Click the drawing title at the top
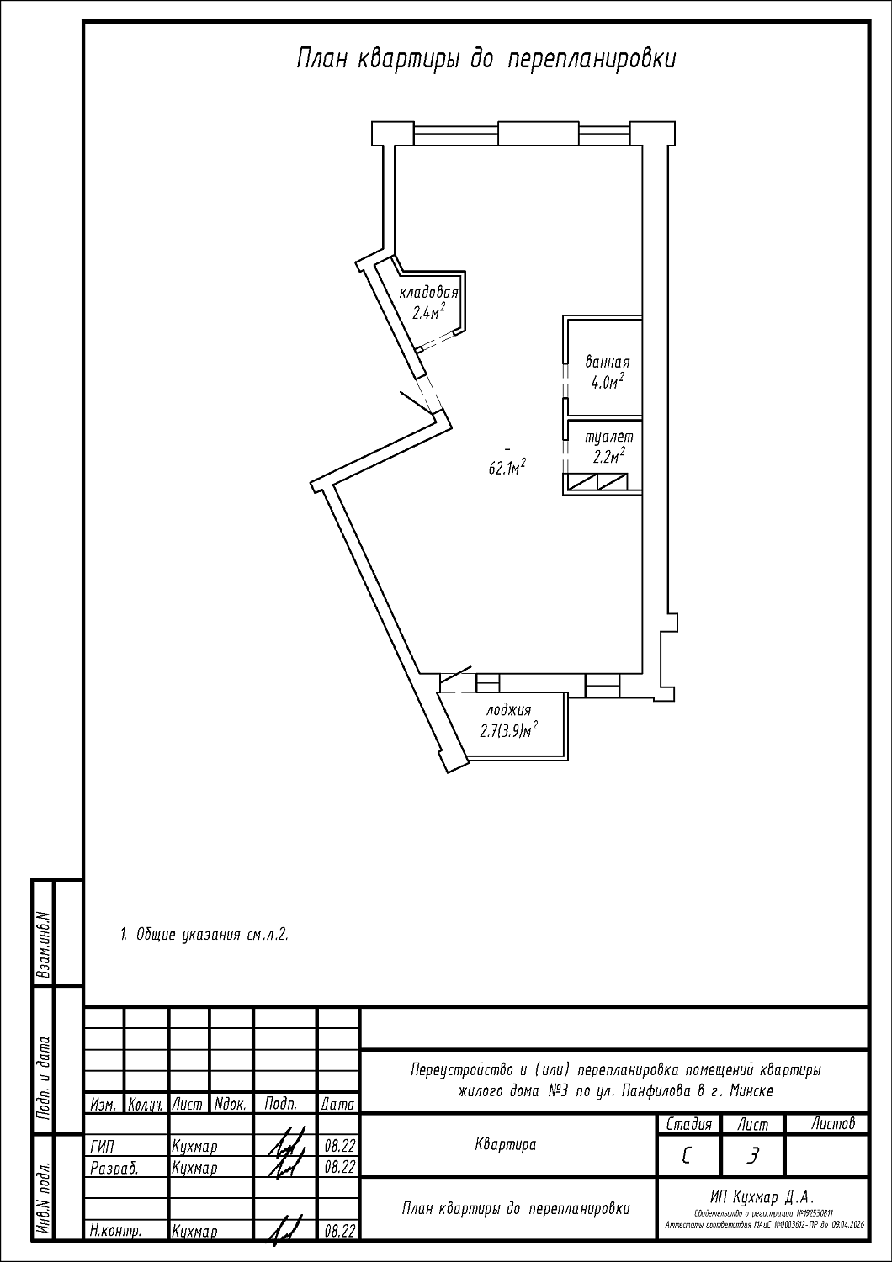click(486, 60)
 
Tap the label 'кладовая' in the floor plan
click(428, 293)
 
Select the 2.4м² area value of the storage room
click(427, 313)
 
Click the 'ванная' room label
click(607, 363)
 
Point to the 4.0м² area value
click(607, 382)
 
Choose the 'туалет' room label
click(608, 437)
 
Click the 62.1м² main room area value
click(507, 469)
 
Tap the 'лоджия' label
click(508, 710)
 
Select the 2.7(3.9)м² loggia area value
click(508, 730)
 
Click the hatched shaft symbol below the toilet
click(597, 482)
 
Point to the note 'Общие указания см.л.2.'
click(204, 934)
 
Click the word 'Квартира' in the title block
click(506, 1144)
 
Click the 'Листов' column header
click(832, 1123)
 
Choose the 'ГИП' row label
click(102, 1146)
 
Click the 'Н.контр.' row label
click(115, 1231)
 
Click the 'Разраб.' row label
click(113, 1168)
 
